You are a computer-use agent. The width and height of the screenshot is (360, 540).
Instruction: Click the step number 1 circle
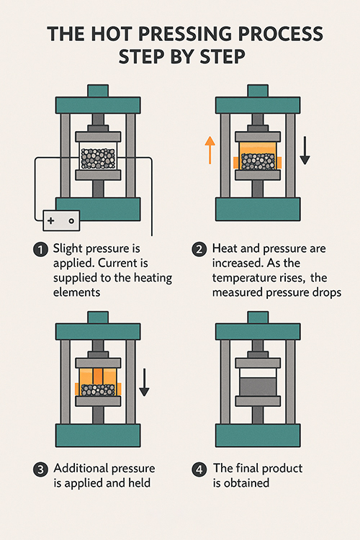click(x=40, y=250)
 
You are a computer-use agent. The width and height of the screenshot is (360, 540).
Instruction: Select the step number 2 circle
click(x=198, y=250)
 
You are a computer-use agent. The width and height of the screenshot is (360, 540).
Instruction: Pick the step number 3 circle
click(x=40, y=469)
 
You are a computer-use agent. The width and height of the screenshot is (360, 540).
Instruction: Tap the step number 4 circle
click(x=198, y=469)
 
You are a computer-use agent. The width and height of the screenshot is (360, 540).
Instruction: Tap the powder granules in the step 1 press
click(x=99, y=158)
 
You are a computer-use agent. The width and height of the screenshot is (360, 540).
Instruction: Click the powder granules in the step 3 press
click(x=99, y=390)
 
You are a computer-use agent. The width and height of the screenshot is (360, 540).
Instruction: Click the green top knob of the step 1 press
click(x=99, y=91)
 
